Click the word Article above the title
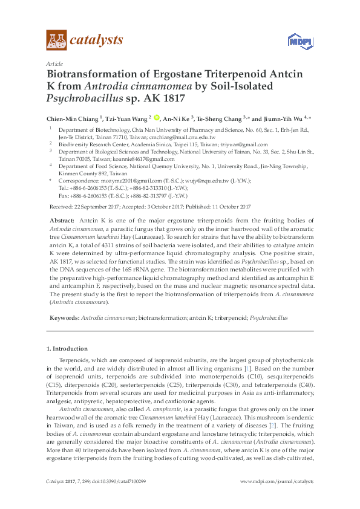(x=54, y=63)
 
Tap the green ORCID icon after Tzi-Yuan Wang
(x=157, y=118)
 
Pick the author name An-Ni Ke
(x=177, y=118)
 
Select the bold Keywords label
(x=64, y=317)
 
